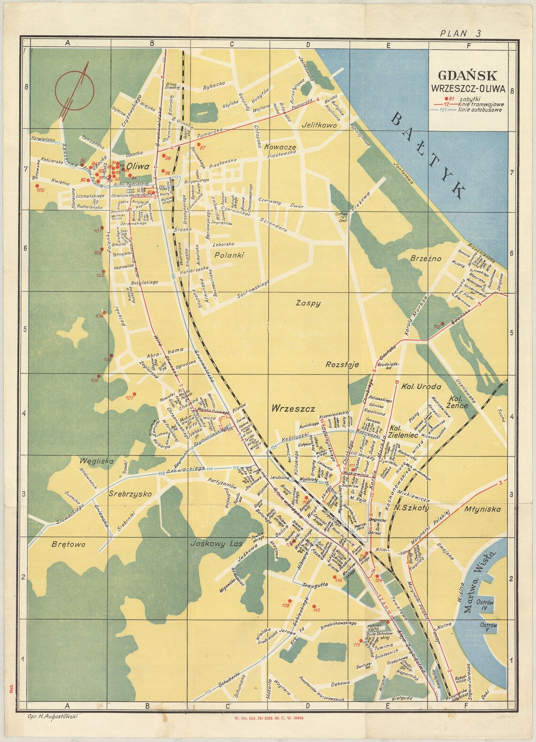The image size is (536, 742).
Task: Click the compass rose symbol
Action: [74, 87]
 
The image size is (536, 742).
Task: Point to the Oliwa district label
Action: [137, 166]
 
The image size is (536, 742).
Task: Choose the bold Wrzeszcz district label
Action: [292, 408]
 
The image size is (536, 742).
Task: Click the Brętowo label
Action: [66, 544]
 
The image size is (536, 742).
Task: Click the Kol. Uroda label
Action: [421, 387]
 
